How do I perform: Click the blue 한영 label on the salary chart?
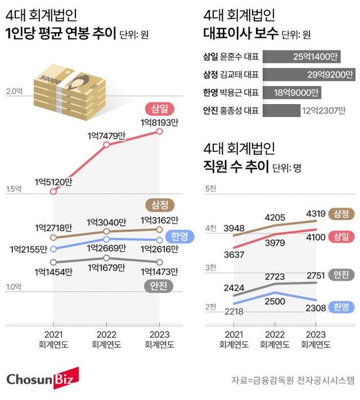pyautogui.click(x=179, y=236)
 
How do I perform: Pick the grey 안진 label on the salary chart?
pyautogui.click(x=158, y=286)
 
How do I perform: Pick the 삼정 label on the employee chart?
pyautogui.click(x=342, y=214)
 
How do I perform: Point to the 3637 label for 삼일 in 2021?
pyautogui.click(x=234, y=255)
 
